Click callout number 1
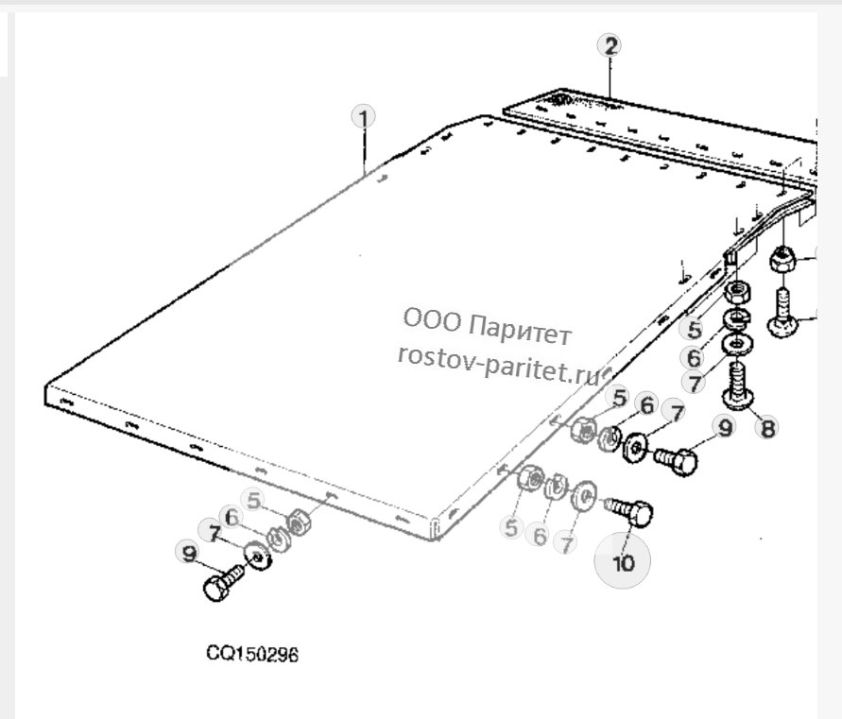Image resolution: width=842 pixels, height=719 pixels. coord(364,117)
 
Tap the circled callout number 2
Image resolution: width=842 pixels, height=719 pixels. coord(610,45)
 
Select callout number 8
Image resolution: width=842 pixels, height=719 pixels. coord(767,428)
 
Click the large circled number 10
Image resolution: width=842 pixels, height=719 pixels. coord(623,561)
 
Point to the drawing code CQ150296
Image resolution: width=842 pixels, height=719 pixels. coord(252,654)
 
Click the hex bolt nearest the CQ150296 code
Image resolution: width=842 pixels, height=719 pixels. coord(222,583)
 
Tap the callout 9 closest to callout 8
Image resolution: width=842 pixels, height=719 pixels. coord(725,428)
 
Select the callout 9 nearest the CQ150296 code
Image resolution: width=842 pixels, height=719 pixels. coord(189,553)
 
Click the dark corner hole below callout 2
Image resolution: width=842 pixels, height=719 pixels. coord(562,98)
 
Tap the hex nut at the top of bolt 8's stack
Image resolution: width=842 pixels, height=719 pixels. coord(737,293)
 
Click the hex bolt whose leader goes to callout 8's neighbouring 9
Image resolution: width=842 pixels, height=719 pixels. coord(676,459)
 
